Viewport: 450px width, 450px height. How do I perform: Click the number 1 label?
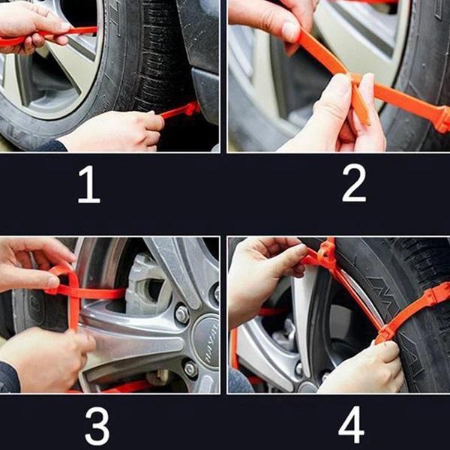tap(88, 185)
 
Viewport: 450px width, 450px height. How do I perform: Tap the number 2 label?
tap(353, 184)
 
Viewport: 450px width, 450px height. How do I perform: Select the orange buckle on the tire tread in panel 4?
tap(427, 300)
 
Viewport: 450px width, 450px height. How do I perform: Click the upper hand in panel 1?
tap(30, 26)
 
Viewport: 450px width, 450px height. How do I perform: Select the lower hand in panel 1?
tap(112, 131)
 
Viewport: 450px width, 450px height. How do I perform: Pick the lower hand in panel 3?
tap(45, 360)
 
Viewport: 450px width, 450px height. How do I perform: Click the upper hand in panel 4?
tap(262, 274)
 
